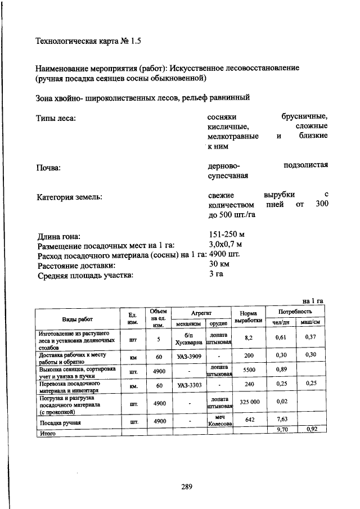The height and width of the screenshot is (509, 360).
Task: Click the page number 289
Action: [x=187, y=487]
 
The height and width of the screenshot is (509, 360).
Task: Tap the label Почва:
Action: [x=48, y=168]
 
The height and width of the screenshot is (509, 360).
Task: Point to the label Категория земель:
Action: [x=69, y=197]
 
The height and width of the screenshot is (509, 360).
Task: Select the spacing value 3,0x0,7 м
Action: [x=225, y=245]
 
